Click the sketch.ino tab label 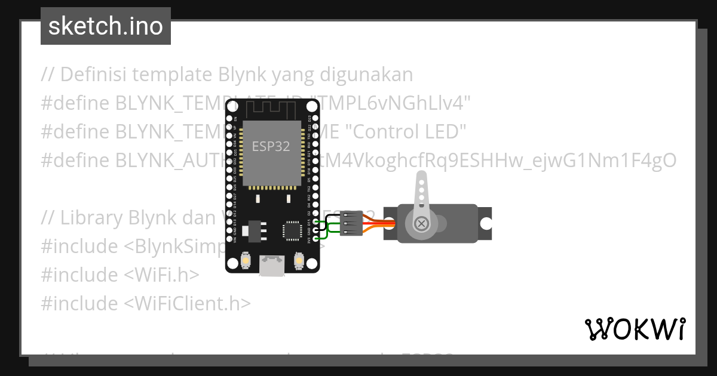(x=106, y=26)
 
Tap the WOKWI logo (x=635, y=329)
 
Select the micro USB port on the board (x=272, y=266)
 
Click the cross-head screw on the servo (x=422, y=224)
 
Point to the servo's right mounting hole (x=486, y=224)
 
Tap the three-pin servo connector (x=352, y=224)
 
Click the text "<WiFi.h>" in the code (x=161, y=275)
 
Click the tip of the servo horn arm (x=421, y=176)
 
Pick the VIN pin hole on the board (x=230, y=242)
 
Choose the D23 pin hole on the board (x=315, y=119)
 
